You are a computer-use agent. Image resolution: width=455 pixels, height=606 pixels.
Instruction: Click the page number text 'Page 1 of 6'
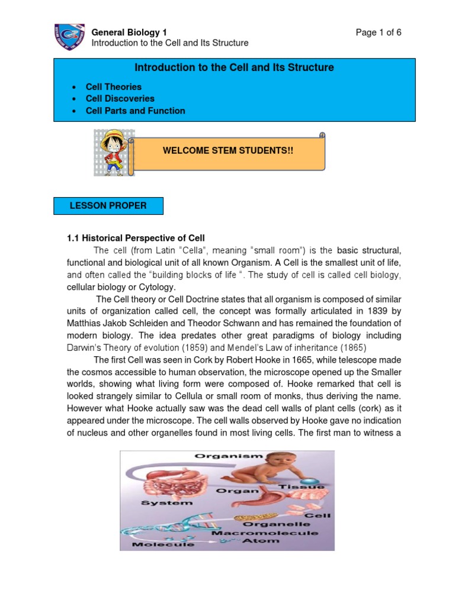[x=378, y=33]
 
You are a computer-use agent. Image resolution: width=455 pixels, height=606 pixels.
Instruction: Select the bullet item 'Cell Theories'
[x=114, y=87]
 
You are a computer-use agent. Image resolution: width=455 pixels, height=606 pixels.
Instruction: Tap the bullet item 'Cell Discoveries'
[x=120, y=99]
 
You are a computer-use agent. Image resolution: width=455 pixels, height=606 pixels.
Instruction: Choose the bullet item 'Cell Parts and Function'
[x=136, y=111]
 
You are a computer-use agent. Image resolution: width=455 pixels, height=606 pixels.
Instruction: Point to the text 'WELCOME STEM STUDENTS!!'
[x=228, y=151]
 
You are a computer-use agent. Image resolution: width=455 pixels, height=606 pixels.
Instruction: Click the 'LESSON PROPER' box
[x=108, y=206]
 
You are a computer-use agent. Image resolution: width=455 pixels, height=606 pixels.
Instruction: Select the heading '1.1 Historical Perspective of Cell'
[x=136, y=238]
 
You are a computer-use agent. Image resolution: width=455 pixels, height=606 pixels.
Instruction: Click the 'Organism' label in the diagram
[x=220, y=456]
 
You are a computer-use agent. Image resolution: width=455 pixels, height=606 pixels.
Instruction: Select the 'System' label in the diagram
[x=167, y=503]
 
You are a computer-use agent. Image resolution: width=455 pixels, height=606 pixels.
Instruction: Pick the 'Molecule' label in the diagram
[x=156, y=544]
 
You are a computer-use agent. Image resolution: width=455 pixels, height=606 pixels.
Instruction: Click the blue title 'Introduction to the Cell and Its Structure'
[x=234, y=67]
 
